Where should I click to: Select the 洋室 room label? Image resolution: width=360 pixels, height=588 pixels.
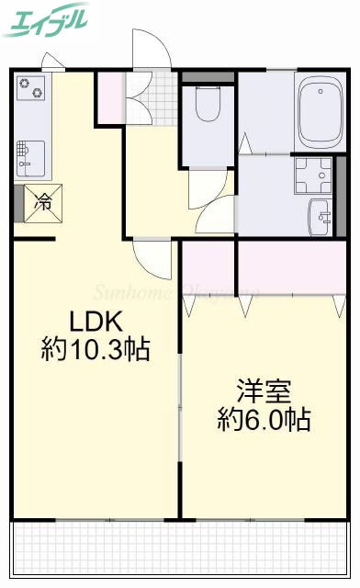(x=264, y=391)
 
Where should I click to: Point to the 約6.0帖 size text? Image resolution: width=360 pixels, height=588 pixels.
(x=264, y=420)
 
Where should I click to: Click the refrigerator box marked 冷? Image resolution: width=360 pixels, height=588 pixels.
(x=42, y=202)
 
